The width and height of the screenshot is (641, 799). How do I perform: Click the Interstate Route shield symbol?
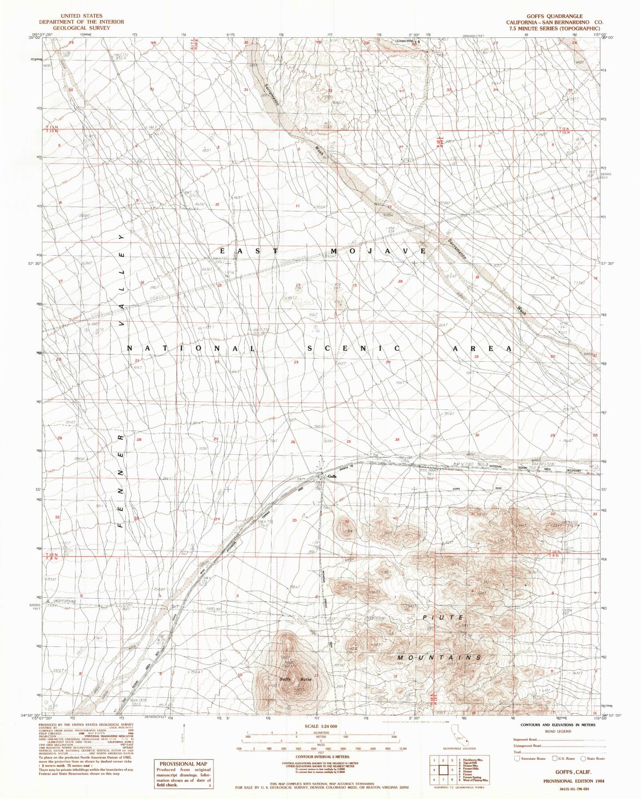point(517,759)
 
